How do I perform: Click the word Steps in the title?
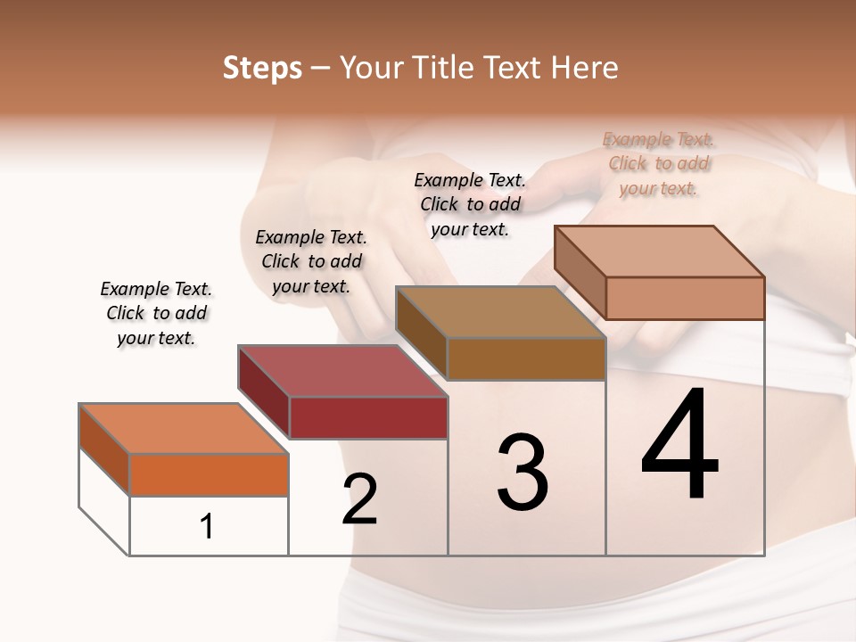(x=262, y=68)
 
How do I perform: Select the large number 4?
(x=680, y=445)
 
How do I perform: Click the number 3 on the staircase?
(x=523, y=473)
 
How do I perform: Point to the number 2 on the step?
(x=359, y=498)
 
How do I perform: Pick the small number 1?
(x=207, y=526)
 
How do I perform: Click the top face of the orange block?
(x=183, y=428)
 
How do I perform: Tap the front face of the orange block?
(x=209, y=474)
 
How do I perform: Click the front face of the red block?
(x=368, y=417)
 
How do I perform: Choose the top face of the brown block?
(x=500, y=312)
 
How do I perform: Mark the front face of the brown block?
(x=526, y=358)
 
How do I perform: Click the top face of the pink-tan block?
(x=659, y=251)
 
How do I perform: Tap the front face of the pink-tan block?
(x=685, y=298)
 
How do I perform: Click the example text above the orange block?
(x=157, y=313)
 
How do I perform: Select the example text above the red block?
(x=311, y=261)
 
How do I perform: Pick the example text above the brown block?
(x=470, y=204)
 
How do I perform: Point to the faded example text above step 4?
(x=658, y=163)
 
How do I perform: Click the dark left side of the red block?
(x=264, y=391)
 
